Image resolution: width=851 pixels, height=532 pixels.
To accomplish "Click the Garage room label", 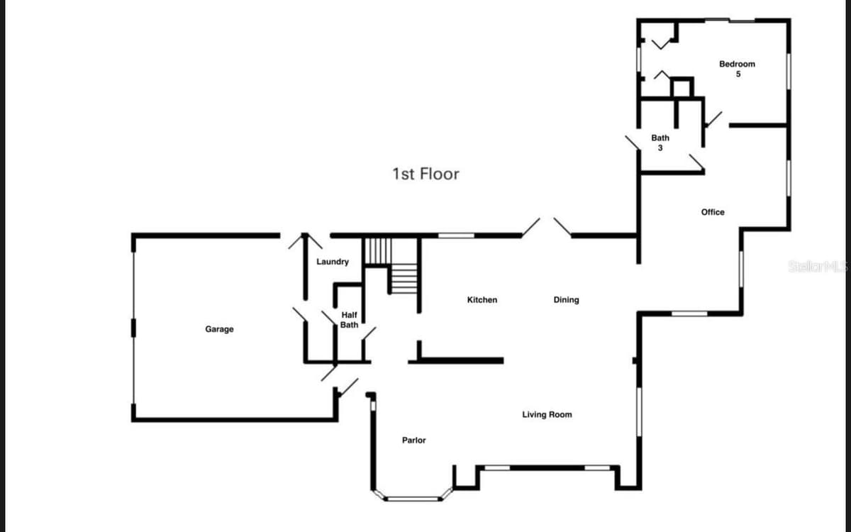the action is coord(219,329).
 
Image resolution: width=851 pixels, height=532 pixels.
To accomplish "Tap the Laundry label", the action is coord(333,262).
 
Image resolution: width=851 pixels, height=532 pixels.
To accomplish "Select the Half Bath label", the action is coord(349,320).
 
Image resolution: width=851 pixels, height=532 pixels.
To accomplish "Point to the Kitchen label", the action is coord(482,300).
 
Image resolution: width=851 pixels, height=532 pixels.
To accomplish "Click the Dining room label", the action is coord(566,300).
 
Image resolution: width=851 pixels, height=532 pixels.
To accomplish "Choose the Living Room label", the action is coord(547,414).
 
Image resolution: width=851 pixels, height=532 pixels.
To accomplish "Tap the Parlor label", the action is coord(413,440).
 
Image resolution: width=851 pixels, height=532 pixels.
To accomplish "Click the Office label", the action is coord(713,212).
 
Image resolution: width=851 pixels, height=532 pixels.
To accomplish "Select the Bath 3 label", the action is coord(660,143).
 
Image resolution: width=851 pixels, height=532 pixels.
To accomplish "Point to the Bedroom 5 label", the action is coord(737,69).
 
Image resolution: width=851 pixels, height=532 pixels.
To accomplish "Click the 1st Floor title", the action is coord(425,174).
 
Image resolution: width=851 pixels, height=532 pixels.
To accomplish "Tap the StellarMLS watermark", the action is coord(818,267).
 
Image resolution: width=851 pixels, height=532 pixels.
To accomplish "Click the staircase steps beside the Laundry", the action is coord(391,266).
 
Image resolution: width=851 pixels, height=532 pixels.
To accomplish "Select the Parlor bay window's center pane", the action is coord(413,499).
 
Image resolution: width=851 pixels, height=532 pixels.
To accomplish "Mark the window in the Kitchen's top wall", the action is coord(456,235).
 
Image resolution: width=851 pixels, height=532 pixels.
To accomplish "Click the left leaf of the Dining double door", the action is coord(530,227).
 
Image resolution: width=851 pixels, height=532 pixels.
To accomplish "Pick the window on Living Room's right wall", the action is coord(640,412).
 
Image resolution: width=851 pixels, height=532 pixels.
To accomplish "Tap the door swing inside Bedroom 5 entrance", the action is coord(714,118).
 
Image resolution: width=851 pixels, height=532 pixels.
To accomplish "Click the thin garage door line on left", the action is coord(133,328).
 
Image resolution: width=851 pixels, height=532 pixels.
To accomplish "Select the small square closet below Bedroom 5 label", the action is coord(682,87).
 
